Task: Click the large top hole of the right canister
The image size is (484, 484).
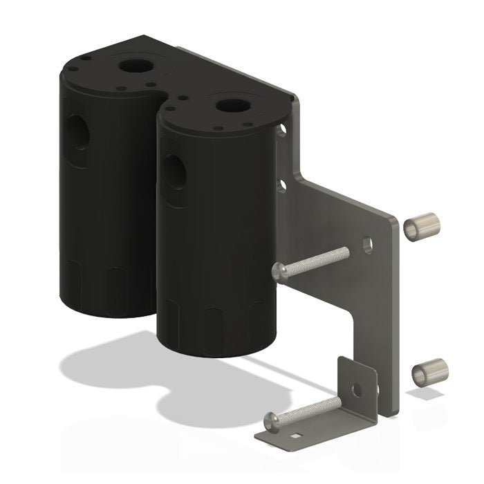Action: click(229, 106)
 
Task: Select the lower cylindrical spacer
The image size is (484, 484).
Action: click(429, 372)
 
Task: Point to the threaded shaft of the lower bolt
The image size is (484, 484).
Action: click(311, 408)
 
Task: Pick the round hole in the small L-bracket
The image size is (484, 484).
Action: click(356, 389)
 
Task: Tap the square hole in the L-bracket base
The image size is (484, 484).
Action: click(297, 436)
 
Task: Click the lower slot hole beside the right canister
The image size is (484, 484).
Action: click(283, 185)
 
